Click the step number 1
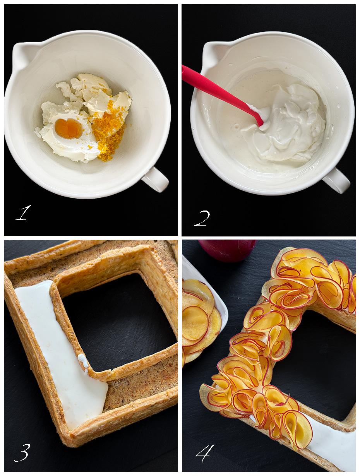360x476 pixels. coord(23,213)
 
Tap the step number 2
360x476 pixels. coord(202,218)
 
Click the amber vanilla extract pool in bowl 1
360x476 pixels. coord(69,128)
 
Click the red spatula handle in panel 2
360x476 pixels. coord(221,95)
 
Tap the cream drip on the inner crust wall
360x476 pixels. coord(83,362)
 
